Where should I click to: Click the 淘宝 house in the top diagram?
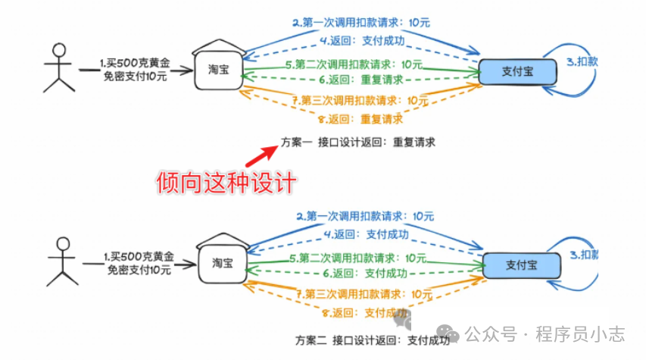tap(218, 67)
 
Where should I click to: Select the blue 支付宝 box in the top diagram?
tap(518, 71)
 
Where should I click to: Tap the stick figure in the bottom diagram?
tap(62, 261)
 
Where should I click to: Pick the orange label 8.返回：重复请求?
tap(360, 118)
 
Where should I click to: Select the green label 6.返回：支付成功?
tap(365, 273)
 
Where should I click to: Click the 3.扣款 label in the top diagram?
tap(582, 62)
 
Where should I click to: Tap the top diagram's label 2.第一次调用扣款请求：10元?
tap(361, 23)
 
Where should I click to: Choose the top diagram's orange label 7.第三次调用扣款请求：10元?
tap(360, 100)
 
